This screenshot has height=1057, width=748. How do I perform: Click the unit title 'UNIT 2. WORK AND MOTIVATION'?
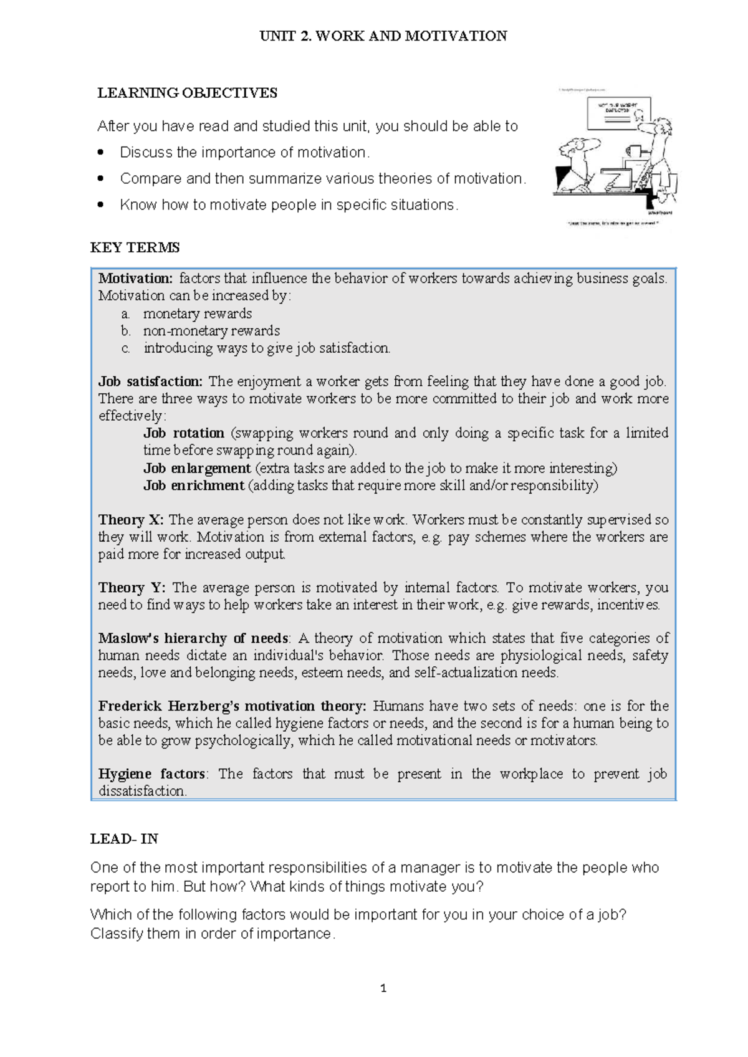[x=383, y=36]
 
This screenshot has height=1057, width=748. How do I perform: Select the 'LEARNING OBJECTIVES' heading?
[x=187, y=93]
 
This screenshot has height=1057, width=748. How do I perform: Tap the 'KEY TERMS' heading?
[x=135, y=247]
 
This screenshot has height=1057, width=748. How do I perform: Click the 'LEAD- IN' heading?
[x=124, y=839]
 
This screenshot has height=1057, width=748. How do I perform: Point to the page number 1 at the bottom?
[x=383, y=988]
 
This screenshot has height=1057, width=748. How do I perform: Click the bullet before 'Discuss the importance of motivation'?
[x=101, y=153]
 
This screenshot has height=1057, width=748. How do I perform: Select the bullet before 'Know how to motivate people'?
[x=101, y=205]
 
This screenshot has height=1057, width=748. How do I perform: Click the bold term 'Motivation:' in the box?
[x=135, y=279]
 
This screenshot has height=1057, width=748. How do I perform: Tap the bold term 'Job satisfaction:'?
[x=150, y=381]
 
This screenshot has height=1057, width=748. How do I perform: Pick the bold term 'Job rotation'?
[x=184, y=433]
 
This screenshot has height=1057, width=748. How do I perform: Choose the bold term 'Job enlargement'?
[x=197, y=468]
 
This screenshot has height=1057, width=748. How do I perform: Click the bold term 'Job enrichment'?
[x=194, y=485]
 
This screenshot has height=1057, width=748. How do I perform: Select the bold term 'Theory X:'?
[x=131, y=520]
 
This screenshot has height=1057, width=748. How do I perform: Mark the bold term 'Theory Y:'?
[x=132, y=588]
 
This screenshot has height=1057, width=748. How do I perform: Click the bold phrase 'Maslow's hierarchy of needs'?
[x=193, y=638]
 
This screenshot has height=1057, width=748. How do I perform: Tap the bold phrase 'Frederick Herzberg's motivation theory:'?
[x=232, y=706]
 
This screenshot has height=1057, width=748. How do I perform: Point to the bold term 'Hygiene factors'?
[x=151, y=774]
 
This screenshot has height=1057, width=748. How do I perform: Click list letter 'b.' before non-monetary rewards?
[x=126, y=331]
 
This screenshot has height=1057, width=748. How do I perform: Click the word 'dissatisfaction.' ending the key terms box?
[x=142, y=792]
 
